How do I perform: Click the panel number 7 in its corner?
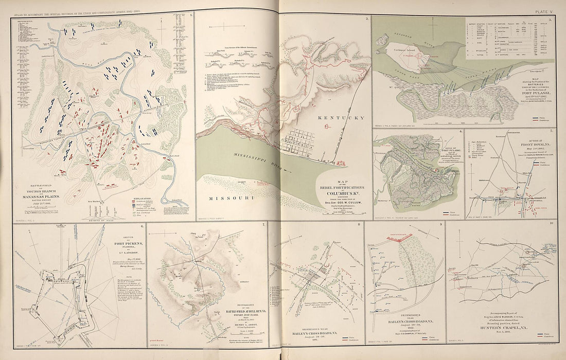click(x=264, y=225)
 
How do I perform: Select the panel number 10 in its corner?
click(x=551, y=224)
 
